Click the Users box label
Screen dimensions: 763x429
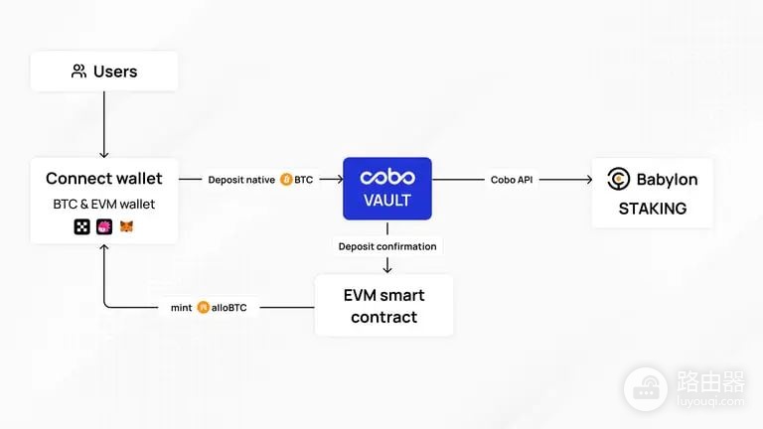[x=115, y=71]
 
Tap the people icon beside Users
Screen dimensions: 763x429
[x=78, y=71]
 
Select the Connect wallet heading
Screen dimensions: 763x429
[x=103, y=178]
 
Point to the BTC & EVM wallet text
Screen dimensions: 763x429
[x=103, y=204]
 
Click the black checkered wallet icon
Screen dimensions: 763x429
[x=81, y=226]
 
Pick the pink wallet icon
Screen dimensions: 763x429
[x=104, y=226]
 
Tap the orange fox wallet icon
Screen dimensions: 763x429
[x=126, y=226]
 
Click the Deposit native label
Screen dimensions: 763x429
[x=241, y=180]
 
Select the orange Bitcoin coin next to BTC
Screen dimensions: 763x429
[x=286, y=180]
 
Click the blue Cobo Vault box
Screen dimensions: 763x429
[x=387, y=189]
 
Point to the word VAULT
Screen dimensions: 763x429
[x=387, y=200]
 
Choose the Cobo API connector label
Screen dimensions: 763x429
[x=512, y=180]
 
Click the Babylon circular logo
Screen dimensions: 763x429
[x=619, y=179]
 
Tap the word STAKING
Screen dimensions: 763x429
[x=653, y=209]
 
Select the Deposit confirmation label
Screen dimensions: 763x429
[x=387, y=246]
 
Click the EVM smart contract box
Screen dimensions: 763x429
[x=383, y=306]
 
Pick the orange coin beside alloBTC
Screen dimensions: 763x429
[x=203, y=308]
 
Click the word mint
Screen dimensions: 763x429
[x=181, y=308]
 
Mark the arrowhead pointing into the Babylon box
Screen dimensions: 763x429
[x=589, y=180]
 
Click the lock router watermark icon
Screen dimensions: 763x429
[x=646, y=389]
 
